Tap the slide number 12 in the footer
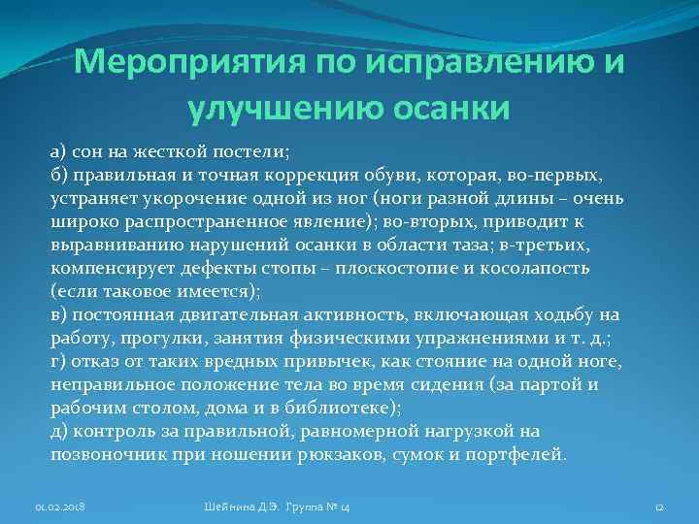point(657,507)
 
